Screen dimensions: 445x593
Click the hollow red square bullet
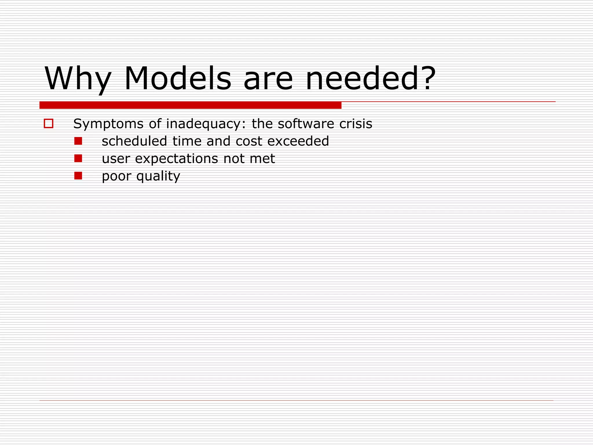click(x=49, y=124)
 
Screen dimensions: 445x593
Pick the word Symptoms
click(x=108, y=124)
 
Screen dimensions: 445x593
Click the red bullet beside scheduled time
click(x=78, y=141)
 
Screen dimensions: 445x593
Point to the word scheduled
click(x=134, y=141)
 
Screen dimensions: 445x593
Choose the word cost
click(x=249, y=141)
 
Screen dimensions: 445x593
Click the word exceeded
click(x=298, y=141)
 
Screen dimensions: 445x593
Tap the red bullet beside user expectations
click(x=78, y=158)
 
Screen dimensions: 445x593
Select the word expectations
click(x=177, y=159)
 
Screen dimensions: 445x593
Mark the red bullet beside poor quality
click(x=78, y=176)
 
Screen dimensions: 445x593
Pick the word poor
click(x=116, y=176)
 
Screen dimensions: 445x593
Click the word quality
click(x=158, y=176)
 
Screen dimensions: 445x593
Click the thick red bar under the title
click(x=190, y=105)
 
